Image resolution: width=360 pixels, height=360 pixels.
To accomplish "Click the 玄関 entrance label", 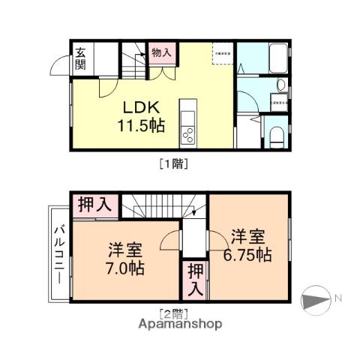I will [79, 58].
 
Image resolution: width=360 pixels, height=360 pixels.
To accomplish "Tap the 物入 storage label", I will [160, 52].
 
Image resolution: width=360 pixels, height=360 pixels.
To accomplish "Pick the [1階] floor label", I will [172, 161].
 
